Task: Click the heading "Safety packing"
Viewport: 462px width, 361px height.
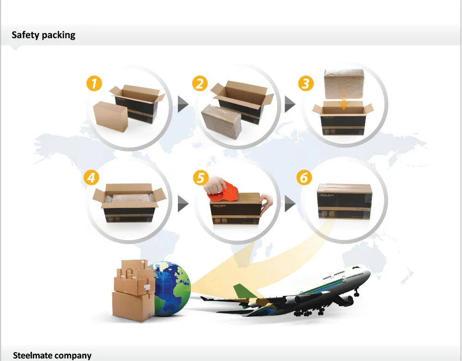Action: tap(43, 35)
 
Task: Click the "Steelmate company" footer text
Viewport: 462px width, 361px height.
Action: tap(52, 355)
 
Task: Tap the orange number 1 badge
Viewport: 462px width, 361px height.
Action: tap(94, 84)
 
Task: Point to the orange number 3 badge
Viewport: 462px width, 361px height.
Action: tap(305, 84)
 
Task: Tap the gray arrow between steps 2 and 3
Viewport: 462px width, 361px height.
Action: tap(289, 105)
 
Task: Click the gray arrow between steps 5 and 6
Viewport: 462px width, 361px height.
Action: tap(289, 202)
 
